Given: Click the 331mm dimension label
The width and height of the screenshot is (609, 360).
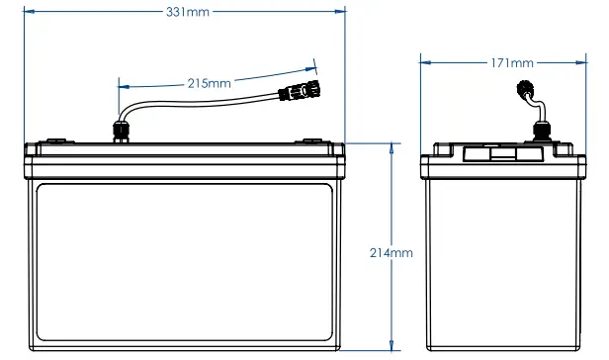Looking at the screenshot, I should [x=187, y=12].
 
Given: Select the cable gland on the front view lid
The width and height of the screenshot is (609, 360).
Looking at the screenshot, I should [x=122, y=130].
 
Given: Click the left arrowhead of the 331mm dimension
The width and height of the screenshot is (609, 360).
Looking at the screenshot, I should [x=29, y=12].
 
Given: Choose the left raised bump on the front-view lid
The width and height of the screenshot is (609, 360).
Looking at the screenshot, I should [x=55, y=139].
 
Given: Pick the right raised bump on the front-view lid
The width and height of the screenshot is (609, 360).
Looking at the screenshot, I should [x=315, y=139].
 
